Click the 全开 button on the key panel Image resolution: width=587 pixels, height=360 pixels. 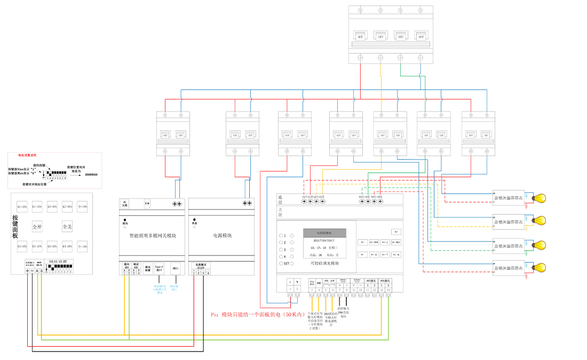click(x=37, y=227)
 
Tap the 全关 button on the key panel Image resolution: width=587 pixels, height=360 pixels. click(x=67, y=227)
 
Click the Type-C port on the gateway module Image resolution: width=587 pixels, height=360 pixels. click(x=158, y=268)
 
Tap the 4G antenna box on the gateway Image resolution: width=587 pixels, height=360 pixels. click(x=125, y=203)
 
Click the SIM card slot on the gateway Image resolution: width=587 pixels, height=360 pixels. click(x=147, y=203)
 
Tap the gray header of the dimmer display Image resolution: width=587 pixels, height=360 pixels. click(x=324, y=233)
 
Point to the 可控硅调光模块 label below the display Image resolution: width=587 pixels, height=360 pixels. click(x=324, y=263)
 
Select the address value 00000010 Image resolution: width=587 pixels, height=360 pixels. click(x=91, y=174)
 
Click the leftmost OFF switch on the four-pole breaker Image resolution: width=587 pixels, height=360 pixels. click(x=361, y=37)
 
